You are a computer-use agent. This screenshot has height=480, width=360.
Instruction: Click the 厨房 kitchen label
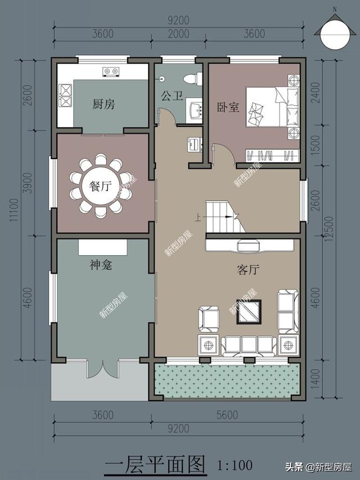104,105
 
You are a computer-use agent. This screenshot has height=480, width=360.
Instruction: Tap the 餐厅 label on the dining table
100,186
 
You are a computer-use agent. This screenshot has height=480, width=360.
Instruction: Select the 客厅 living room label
248,270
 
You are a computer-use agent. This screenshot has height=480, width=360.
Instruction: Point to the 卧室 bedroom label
228,107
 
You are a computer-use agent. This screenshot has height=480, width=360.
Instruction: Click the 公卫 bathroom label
172,96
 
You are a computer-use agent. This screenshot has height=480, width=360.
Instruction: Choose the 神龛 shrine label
101,265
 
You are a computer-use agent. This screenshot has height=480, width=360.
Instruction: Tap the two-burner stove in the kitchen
111,71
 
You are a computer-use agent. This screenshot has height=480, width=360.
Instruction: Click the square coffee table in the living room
249,312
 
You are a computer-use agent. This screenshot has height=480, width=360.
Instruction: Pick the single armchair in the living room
209,319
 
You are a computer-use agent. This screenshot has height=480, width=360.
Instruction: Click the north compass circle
335,33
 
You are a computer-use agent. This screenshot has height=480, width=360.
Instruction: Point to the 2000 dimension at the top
178,33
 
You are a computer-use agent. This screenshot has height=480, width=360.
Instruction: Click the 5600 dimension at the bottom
227,415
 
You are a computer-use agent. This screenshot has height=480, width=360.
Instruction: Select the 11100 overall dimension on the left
15,210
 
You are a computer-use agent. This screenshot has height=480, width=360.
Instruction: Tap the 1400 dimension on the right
315,379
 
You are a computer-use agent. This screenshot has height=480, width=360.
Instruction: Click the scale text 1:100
235,465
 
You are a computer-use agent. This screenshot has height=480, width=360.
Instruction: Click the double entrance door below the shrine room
102,369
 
